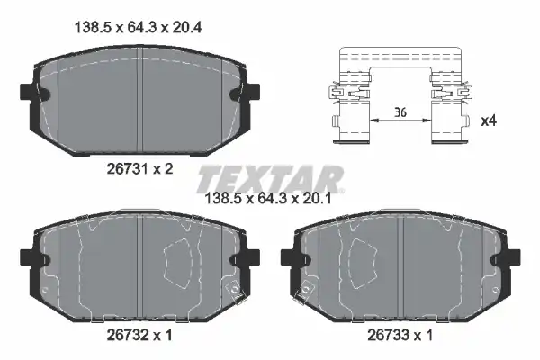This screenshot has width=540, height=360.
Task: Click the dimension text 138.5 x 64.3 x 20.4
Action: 138,27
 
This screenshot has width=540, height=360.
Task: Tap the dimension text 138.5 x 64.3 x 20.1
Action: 268,198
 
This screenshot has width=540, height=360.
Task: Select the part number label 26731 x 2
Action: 139,169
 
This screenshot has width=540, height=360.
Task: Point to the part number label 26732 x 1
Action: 139,335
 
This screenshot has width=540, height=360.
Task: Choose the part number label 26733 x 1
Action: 400,335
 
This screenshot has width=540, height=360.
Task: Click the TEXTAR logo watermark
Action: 270,179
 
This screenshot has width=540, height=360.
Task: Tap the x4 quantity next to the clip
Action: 489,121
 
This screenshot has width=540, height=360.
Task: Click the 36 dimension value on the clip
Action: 400,112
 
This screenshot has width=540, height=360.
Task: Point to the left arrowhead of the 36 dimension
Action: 374,121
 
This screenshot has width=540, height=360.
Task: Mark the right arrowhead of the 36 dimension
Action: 427,121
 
